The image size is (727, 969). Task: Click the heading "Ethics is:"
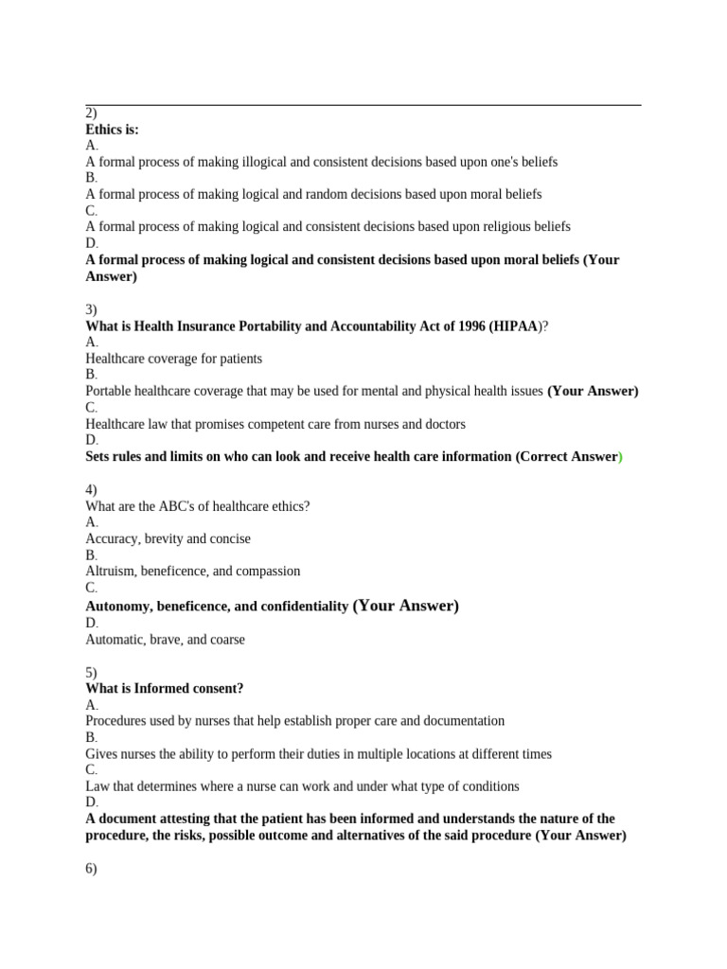(x=112, y=130)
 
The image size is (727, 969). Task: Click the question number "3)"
(x=92, y=309)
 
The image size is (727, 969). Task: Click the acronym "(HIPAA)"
(x=511, y=326)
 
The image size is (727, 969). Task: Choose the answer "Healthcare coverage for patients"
(x=173, y=359)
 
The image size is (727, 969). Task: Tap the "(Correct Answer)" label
(x=569, y=456)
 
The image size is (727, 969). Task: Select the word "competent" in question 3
(x=267, y=424)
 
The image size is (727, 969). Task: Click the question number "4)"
(x=92, y=489)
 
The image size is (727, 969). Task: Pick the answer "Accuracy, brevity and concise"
(x=168, y=538)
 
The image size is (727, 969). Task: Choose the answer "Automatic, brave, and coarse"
(x=165, y=640)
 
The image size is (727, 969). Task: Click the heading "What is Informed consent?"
(x=170, y=688)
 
